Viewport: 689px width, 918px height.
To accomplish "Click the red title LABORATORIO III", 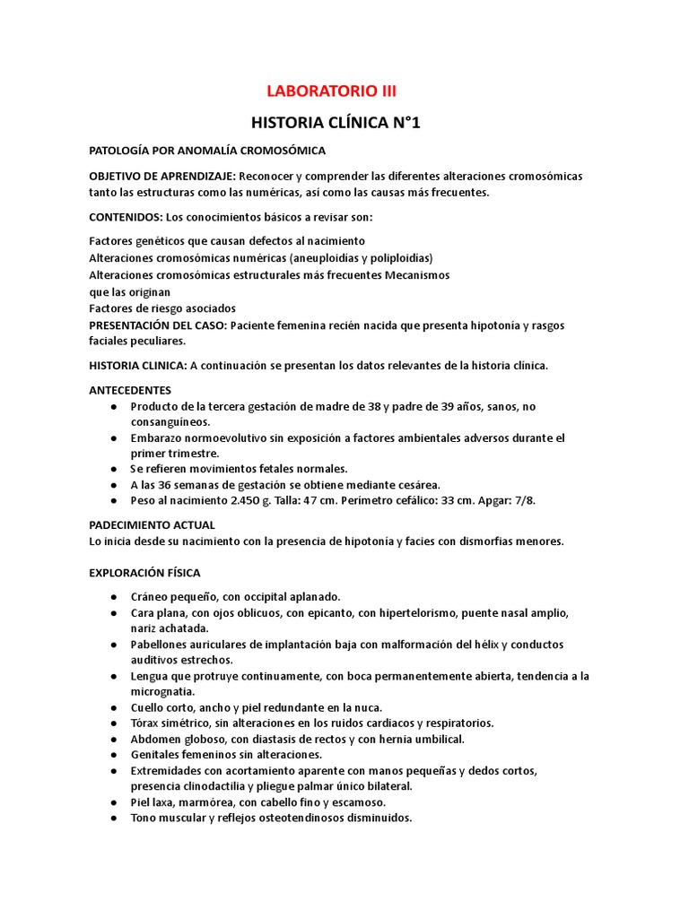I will coord(332,91).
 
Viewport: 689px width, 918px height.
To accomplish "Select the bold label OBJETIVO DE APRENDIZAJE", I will coord(162,176).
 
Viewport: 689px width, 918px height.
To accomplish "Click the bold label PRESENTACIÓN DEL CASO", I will coord(158,325).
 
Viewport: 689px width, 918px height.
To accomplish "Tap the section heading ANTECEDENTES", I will coord(130,391).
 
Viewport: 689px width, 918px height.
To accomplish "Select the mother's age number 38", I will coord(375,406).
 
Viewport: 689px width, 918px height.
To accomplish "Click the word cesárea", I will coord(414,484).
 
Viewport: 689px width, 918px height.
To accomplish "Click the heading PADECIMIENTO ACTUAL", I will coord(152,524).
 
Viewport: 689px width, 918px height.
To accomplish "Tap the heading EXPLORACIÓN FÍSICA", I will coord(144,572).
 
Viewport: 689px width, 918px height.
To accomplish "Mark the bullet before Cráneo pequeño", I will coord(113,597).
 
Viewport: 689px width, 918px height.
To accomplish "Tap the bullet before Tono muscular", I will coord(113,818).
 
